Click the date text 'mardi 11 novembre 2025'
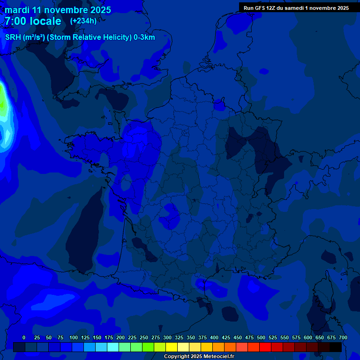[x=58, y=10]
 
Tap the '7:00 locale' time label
[x=33, y=21]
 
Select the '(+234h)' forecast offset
[x=83, y=21]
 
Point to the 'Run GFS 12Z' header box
[x=296, y=8]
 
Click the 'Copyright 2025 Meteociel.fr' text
[x=199, y=357]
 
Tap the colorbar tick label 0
[x=24, y=337]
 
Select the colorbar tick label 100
[x=73, y=337]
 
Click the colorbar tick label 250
[x=143, y=337]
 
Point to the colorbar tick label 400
[x=214, y=337]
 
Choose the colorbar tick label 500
[x=261, y=337]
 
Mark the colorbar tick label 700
[x=343, y=337]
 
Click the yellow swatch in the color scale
[x=172, y=347]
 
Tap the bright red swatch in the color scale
[x=265, y=347]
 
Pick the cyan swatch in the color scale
[x=113, y=347]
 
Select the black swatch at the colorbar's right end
[x=336, y=347]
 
